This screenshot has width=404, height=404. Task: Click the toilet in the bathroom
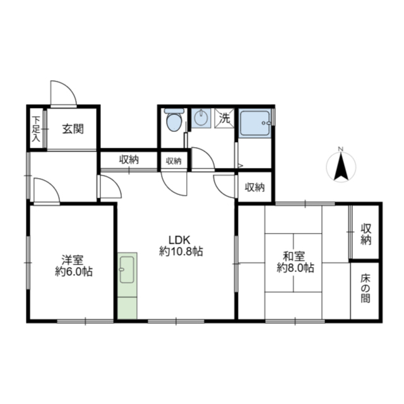click(174, 120)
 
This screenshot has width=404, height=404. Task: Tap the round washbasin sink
click(201, 118)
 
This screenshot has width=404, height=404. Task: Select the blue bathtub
click(255, 123)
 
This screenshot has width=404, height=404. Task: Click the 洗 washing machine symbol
click(225, 118)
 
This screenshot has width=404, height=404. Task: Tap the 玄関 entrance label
click(73, 129)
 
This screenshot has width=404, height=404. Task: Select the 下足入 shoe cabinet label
click(37, 129)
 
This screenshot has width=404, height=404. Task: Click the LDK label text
click(179, 240)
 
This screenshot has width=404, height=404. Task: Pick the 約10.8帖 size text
click(181, 251)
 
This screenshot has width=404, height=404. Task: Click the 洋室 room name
click(73, 260)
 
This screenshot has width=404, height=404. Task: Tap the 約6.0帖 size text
click(74, 271)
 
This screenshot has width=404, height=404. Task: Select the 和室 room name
click(294, 257)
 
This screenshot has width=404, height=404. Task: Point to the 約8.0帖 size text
click(295, 268)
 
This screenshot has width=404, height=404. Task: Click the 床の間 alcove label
click(365, 288)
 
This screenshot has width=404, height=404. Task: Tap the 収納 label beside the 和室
click(366, 234)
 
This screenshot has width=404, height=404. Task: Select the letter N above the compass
click(341, 149)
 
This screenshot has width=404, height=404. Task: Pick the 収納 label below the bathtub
click(255, 187)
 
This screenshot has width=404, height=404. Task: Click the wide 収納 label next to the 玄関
click(129, 160)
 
